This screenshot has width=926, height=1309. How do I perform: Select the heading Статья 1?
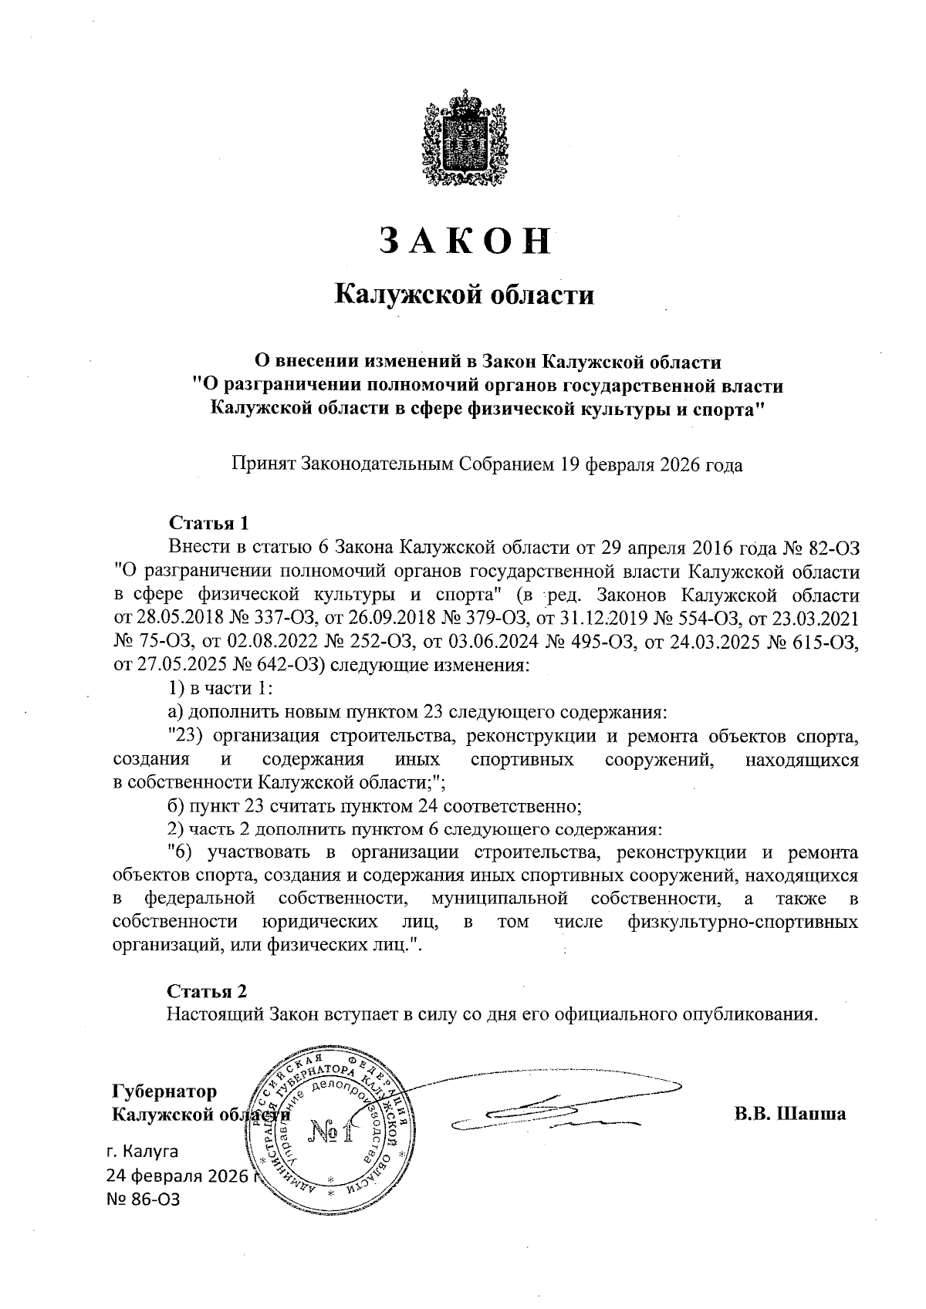coord(208,524)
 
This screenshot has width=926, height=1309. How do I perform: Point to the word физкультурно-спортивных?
coord(743,922)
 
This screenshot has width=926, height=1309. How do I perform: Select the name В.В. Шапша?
coord(789,1114)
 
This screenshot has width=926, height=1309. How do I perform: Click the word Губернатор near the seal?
coord(164,1091)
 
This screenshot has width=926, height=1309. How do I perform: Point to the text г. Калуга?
coord(143,1152)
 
